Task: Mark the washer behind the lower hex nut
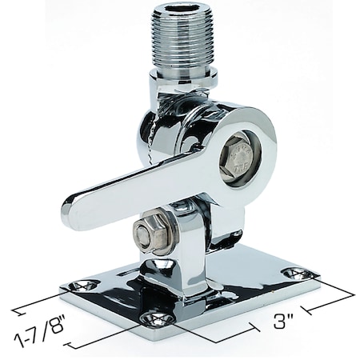coord(160,233)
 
